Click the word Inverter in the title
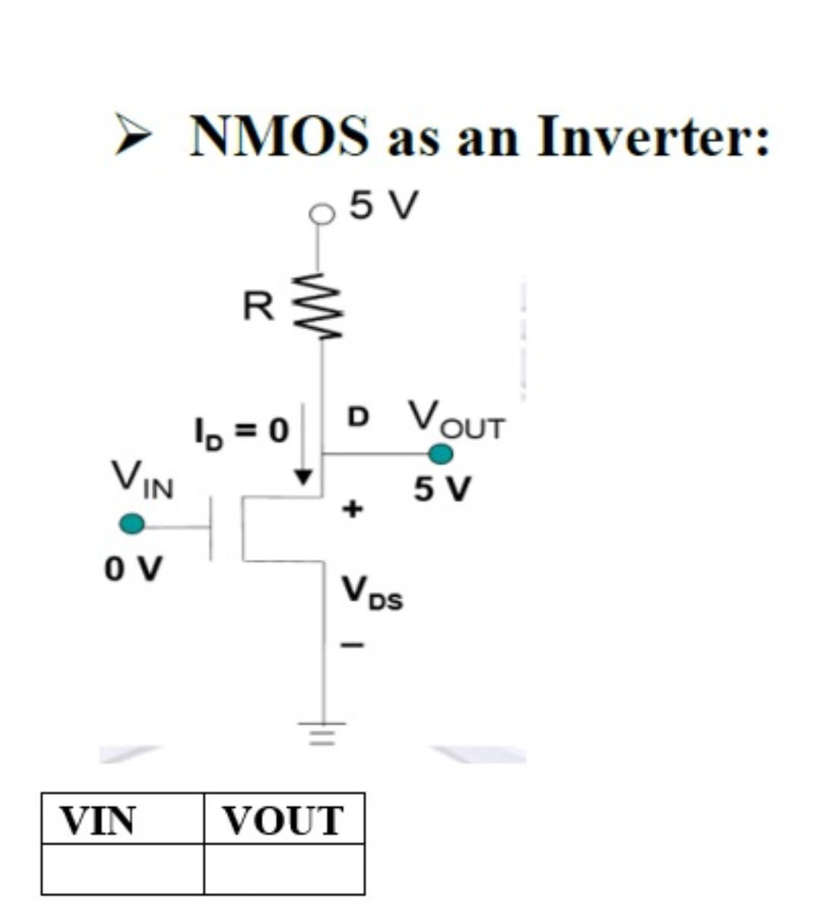point(652,137)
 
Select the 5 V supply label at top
point(384,205)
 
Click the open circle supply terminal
point(322,215)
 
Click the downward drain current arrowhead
point(304,477)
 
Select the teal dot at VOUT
point(440,454)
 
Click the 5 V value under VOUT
point(442,489)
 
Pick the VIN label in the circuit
point(142,479)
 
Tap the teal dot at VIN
point(132,523)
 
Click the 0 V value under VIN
point(133,568)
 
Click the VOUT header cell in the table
point(284,820)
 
